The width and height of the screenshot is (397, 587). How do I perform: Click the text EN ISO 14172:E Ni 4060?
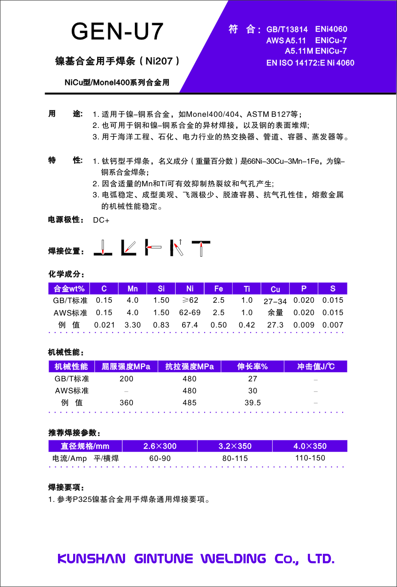tap(311, 63)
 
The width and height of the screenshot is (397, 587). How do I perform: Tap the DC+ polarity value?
tap(101, 220)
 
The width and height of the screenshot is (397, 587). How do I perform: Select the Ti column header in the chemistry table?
tap(247, 288)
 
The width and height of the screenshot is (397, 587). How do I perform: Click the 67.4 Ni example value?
tap(190, 325)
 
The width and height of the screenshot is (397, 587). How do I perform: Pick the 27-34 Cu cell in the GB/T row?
tap(275, 302)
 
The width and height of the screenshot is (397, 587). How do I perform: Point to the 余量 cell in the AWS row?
tap(275, 313)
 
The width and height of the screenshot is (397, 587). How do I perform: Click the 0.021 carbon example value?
tap(104, 325)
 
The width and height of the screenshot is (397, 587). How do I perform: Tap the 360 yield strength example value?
tap(126, 403)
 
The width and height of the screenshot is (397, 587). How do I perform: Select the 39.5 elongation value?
tap(253, 403)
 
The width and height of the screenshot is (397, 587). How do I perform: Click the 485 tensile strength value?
tap(189, 403)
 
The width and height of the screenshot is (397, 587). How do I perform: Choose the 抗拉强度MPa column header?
tap(189, 367)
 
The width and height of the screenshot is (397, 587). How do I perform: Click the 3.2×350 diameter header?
tap(235, 446)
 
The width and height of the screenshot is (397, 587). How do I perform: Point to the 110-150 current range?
tap(310, 458)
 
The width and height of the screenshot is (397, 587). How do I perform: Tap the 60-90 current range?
tap(160, 458)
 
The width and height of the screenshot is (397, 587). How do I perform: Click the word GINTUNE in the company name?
tap(163, 558)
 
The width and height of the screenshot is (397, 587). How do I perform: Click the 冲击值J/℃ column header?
tap(316, 367)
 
